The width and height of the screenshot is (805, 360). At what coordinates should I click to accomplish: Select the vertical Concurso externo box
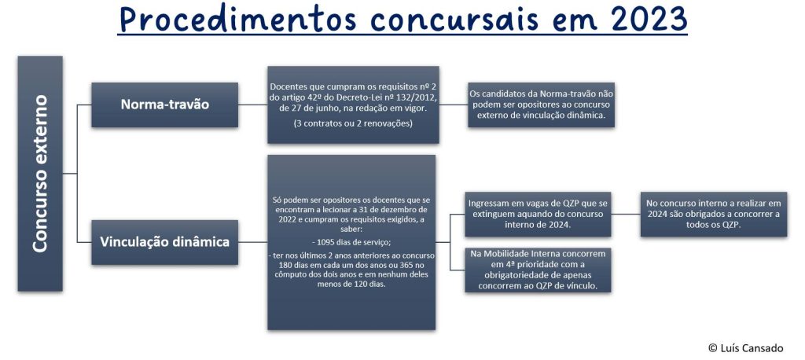click(40, 174)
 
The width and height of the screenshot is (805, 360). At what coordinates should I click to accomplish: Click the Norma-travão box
click(165, 105)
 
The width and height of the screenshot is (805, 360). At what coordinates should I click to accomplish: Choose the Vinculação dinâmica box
click(165, 242)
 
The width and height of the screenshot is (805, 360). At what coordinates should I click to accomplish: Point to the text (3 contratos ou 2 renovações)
click(353, 123)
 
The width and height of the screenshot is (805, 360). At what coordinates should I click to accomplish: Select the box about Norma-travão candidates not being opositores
click(541, 105)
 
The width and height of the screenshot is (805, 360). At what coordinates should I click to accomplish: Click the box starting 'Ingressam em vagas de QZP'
click(538, 214)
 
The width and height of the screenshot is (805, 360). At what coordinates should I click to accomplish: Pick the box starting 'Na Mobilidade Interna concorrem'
click(538, 270)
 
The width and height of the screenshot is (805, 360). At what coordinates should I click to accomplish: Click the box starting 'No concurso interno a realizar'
click(714, 214)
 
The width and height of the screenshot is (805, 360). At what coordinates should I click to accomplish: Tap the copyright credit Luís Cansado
click(746, 348)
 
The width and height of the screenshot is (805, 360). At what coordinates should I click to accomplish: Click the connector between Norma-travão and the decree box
click(252, 105)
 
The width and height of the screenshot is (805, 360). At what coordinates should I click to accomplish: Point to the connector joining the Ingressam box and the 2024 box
click(626, 214)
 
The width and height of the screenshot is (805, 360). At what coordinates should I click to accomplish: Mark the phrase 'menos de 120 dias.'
click(352, 284)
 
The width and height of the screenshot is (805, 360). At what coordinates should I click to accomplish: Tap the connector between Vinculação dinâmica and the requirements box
click(252, 242)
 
